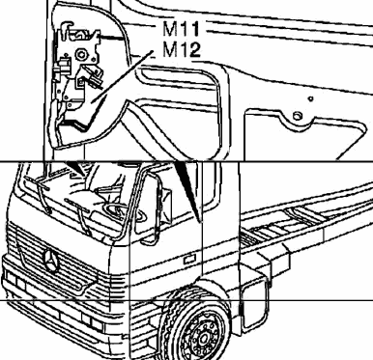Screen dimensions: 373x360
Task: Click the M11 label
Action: [x=181, y=29]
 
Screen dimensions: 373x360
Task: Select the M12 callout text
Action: [x=182, y=50]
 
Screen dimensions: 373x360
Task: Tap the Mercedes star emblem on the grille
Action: [x=51, y=260]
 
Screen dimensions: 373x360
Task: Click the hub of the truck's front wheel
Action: [x=204, y=339]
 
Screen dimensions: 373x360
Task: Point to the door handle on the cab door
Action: [x=189, y=260]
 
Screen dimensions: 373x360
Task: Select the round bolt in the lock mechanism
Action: [x=81, y=55]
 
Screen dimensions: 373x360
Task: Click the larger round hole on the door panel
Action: [x=298, y=116]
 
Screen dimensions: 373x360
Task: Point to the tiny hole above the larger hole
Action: [x=310, y=98]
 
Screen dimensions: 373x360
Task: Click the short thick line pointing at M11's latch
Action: [x=112, y=39]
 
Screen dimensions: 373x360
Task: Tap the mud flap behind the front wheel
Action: [x=254, y=304]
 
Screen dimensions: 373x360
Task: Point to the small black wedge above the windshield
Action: [x=76, y=168]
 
